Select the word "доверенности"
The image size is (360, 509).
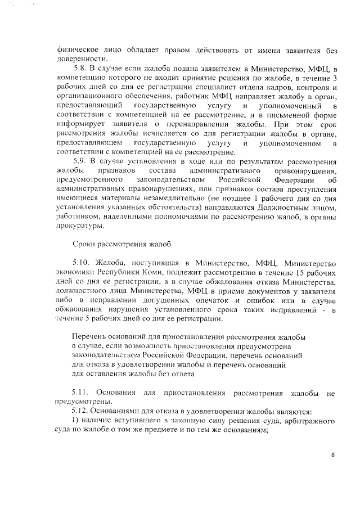(82, 58)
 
